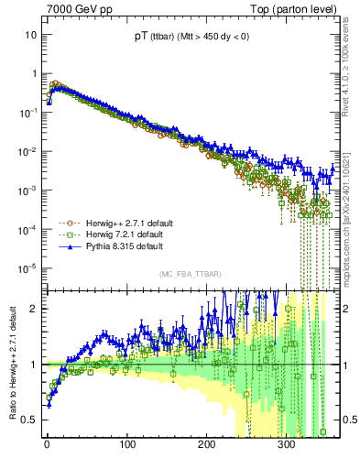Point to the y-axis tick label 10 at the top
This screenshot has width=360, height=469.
[30, 34]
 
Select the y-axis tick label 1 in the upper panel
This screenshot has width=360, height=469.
[33, 73]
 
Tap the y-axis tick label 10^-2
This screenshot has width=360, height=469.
[28, 151]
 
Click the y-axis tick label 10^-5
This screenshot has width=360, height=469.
[28, 268]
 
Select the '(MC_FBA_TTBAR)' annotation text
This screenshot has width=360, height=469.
[189, 275]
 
